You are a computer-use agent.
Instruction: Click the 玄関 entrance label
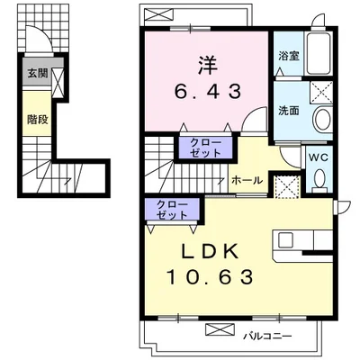(38, 73)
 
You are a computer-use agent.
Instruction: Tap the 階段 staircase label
(38, 120)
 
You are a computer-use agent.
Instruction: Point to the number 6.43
(208, 91)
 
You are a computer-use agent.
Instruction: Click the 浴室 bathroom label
(289, 56)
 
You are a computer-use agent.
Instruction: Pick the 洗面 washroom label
(289, 111)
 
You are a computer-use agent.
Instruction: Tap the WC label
(319, 157)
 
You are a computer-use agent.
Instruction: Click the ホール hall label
(247, 180)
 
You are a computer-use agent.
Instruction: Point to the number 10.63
(210, 277)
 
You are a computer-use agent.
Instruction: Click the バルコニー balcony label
(267, 336)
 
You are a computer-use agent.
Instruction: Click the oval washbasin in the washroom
(322, 118)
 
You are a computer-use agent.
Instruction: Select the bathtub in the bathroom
(319, 54)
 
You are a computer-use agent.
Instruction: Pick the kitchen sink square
(285, 240)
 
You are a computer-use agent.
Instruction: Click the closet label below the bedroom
(205, 148)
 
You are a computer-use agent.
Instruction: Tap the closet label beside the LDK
(172, 210)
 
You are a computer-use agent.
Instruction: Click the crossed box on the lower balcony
(220, 329)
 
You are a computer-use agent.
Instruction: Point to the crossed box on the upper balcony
(158, 13)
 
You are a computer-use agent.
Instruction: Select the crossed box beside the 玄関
(58, 82)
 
